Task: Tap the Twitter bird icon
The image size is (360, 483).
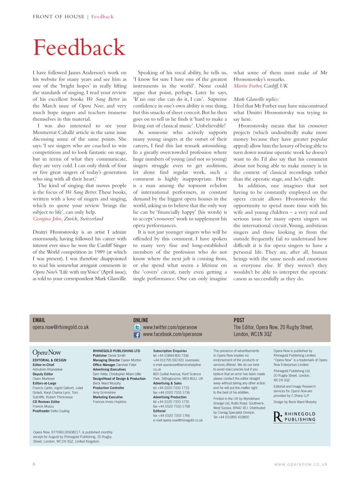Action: point(137,328)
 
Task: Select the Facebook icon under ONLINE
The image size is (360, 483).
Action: point(137,335)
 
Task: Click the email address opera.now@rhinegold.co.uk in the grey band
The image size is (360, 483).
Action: point(60,327)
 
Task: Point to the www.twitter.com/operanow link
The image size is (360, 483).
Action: point(170,328)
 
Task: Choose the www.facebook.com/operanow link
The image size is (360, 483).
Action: point(172,334)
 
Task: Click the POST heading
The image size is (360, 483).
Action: point(239,320)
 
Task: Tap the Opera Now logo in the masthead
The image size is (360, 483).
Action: point(46,352)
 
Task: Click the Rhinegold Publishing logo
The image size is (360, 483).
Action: point(294,417)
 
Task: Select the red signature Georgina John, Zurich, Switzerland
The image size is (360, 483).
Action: point(68,219)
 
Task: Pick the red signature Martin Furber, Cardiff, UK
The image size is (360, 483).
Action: point(260,86)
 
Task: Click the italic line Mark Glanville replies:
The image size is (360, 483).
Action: point(256,99)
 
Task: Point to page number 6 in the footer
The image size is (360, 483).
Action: point(34,464)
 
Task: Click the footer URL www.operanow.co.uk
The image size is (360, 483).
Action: point(301,465)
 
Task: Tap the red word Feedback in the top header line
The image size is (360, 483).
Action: point(102,17)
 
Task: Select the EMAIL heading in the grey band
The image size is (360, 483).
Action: point(39,320)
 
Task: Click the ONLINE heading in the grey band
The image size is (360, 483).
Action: point(141,320)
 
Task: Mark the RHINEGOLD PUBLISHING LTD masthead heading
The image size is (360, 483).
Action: point(116,351)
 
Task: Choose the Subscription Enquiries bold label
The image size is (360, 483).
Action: point(170,351)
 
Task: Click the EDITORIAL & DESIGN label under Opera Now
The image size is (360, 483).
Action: point(49,360)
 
